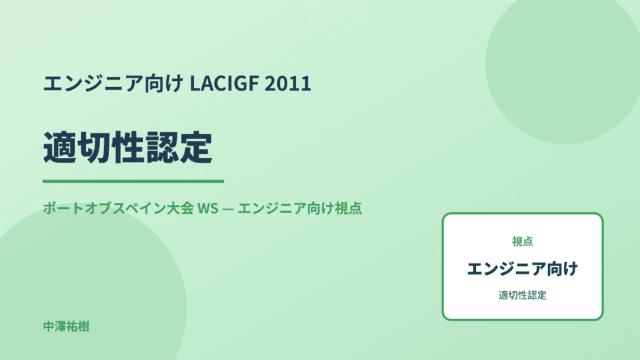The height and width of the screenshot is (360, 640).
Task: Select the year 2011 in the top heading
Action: [x=288, y=83]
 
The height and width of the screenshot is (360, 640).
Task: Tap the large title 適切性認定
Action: [x=128, y=148]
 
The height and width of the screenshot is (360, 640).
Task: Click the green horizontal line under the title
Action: [x=133, y=181]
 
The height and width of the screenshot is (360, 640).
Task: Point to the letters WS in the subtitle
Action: [x=208, y=208]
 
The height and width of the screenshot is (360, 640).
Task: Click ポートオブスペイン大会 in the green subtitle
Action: [x=118, y=208]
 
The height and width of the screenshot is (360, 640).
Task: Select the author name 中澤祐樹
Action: [x=66, y=327]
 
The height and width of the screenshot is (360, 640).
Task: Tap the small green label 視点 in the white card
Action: [x=522, y=242]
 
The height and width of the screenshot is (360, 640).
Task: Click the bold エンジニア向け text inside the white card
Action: [x=522, y=269]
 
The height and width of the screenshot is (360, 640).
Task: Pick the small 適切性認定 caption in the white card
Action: [x=522, y=295]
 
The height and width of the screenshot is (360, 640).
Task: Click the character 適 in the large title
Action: [x=60, y=148]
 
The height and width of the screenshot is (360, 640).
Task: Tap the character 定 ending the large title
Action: [x=196, y=148]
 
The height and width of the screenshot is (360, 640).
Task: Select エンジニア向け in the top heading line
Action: [x=114, y=83]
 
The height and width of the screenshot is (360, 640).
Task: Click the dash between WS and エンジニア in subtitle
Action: [x=228, y=208]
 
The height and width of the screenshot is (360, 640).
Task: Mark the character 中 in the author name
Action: [x=48, y=327]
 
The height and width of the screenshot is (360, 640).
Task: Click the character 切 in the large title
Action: [x=94, y=148]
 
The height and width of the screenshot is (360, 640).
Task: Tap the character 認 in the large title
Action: [x=162, y=148]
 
